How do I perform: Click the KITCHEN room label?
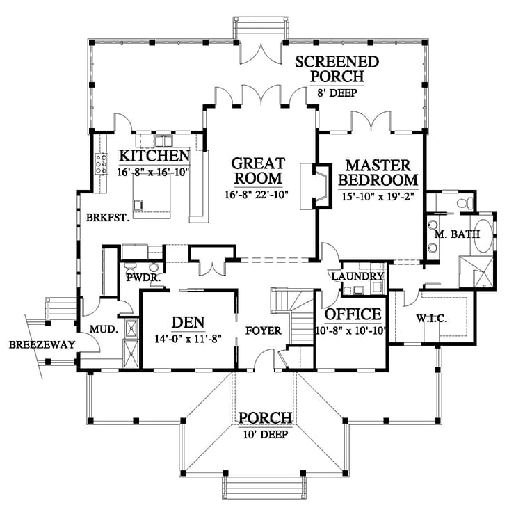154,155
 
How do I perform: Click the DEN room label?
186,321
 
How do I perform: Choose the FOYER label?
263,331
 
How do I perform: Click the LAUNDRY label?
357,277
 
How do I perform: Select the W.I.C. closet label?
432,319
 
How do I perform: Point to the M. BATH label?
457,234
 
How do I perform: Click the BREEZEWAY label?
32,344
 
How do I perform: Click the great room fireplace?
314,186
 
